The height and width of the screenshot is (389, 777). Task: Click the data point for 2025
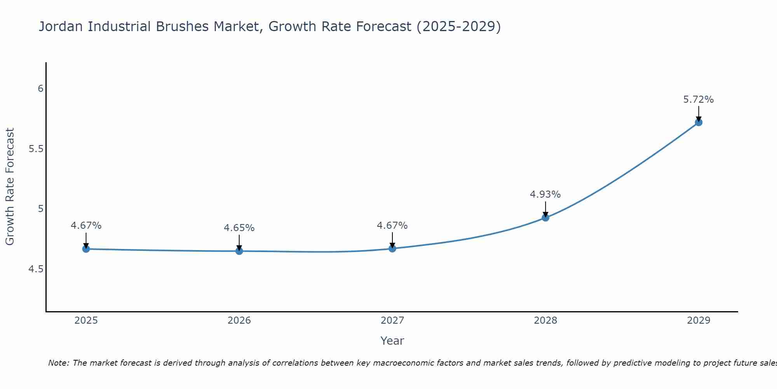click(86, 249)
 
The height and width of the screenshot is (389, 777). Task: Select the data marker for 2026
click(239, 251)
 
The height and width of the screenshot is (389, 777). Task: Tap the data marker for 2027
click(392, 249)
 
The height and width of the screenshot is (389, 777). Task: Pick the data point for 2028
click(545, 217)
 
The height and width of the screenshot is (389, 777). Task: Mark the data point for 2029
click(698, 122)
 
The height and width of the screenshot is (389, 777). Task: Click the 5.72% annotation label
click(698, 100)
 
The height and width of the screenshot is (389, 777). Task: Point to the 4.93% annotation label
click(545, 194)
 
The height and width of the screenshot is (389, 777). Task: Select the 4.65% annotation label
click(239, 228)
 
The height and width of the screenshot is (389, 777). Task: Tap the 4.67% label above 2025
click(86, 226)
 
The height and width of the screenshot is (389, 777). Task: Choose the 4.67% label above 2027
click(392, 226)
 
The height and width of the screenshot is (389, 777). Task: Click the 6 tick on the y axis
click(40, 89)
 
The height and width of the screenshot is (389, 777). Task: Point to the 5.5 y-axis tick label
click(36, 149)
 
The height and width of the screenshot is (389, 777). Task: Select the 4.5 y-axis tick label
click(36, 269)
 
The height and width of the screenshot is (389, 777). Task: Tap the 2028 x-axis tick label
click(545, 321)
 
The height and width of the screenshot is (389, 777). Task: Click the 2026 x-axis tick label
click(239, 321)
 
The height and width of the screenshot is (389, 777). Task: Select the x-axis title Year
click(392, 341)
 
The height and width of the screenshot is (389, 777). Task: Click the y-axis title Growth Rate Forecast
click(10, 187)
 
